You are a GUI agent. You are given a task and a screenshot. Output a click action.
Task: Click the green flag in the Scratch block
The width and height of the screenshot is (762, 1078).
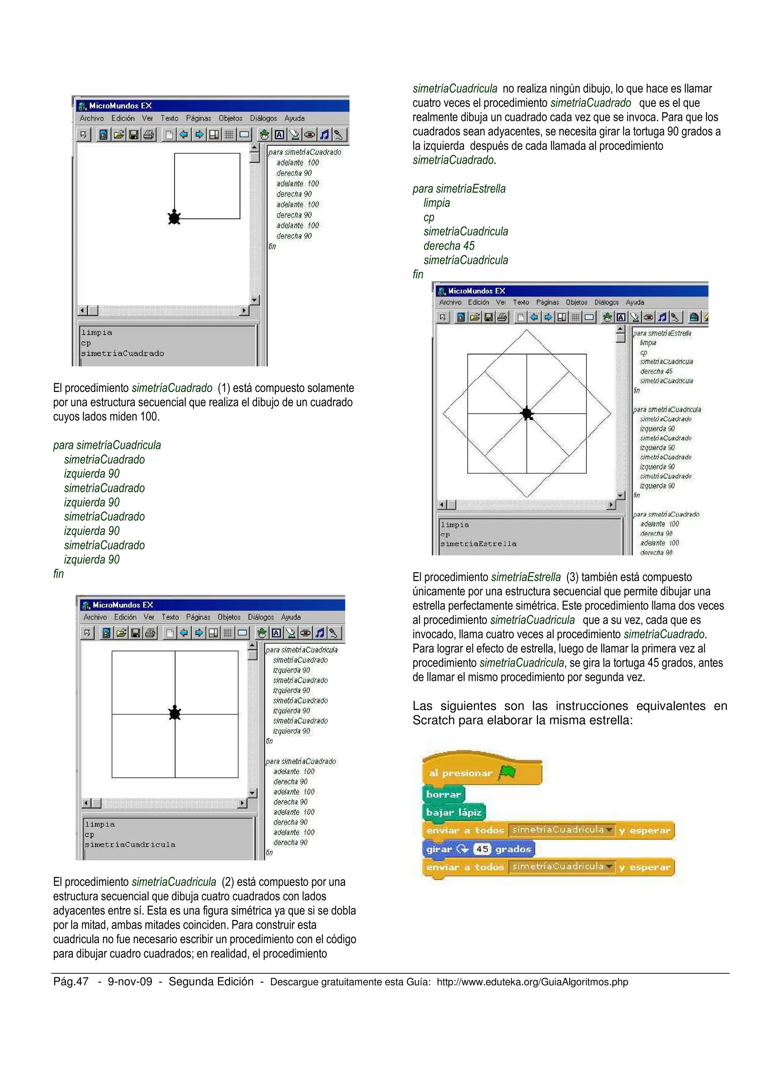point(507,772)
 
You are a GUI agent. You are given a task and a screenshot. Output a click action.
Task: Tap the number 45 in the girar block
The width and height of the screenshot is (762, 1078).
point(482,849)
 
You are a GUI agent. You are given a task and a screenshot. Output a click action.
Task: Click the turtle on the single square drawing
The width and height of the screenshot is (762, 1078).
point(174,217)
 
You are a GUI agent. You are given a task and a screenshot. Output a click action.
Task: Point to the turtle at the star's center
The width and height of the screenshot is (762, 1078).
point(527,413)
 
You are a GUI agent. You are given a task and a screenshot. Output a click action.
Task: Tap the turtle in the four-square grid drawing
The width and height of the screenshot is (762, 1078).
point(175,713)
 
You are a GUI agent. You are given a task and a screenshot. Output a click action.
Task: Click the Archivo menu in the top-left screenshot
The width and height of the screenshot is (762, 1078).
point(92,118)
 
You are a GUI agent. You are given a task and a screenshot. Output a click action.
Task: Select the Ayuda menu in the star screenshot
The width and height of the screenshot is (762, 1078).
point(635,302)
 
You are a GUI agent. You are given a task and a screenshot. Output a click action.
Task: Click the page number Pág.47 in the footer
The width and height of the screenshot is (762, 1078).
point(71,981)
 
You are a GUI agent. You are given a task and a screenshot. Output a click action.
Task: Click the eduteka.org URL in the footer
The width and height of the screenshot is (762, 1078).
point(532,982)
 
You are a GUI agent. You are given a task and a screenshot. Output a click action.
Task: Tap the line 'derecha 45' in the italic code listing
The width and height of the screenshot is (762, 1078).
point(449,246)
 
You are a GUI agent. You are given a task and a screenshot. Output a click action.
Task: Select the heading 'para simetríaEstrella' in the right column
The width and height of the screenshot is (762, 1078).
point(459,189)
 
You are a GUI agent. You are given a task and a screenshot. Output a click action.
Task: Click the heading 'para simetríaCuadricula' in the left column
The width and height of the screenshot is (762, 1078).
point(107,445)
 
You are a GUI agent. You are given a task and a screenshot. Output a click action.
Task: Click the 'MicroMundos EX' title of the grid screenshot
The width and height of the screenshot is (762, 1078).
point(122,605)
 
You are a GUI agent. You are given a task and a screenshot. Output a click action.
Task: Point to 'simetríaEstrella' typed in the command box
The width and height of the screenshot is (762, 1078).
point(478,544)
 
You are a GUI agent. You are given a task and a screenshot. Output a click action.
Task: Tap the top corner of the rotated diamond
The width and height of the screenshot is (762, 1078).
point(527,330)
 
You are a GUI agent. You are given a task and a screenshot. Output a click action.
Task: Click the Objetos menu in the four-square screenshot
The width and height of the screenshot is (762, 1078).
point(229,617)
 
